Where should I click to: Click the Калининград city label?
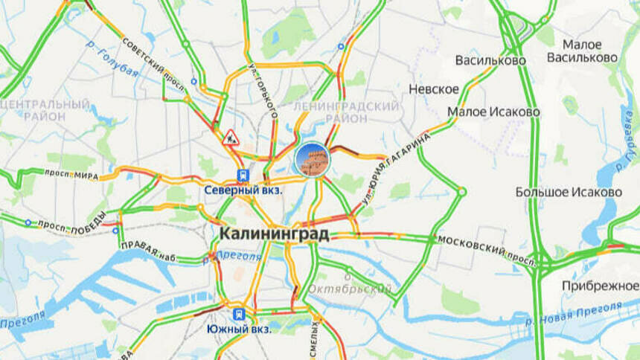pyautogui.click(x=274, y=234)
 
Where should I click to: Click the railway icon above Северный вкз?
pyautogui.click(x=243, y=175)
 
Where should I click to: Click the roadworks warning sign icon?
pyautogui.click(x=231, y=137)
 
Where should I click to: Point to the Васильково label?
pyautogui.click(x=490, y=60)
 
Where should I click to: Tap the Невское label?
pyautogui.click(x=434, y=89)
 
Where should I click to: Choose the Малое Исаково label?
pyautogui.click(x=493, y=112)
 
